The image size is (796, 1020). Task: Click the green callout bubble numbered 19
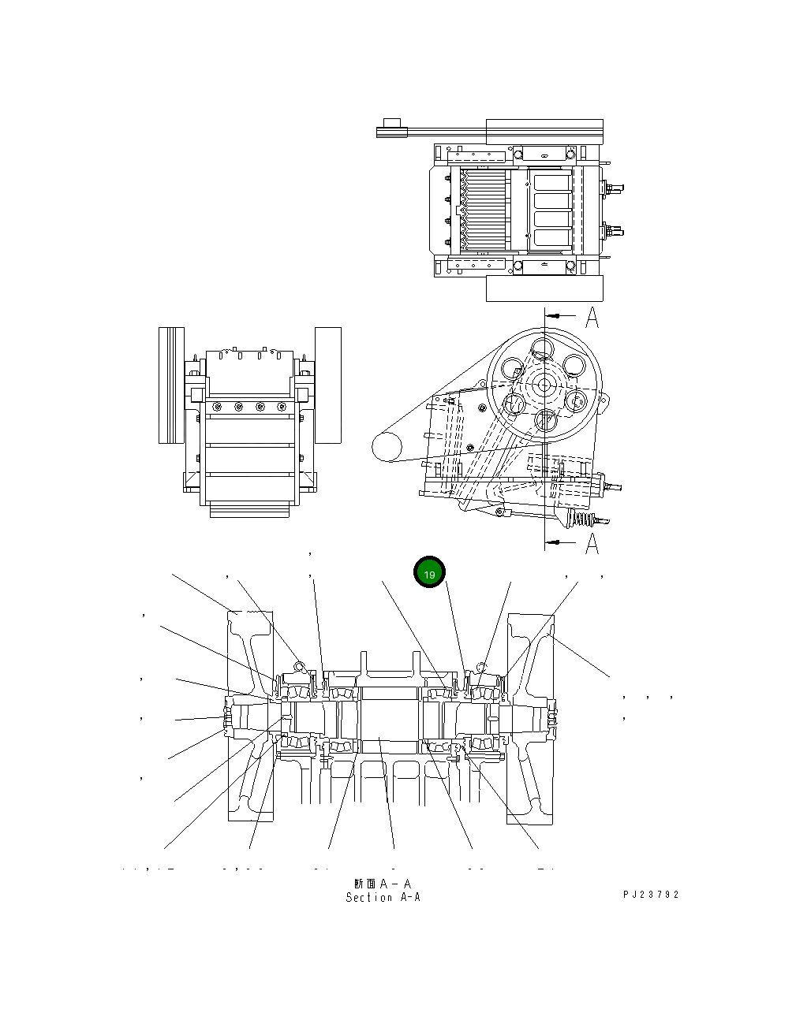429,574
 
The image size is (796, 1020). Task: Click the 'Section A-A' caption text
383,897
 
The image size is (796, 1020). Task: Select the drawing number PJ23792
651,895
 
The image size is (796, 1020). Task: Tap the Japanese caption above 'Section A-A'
383,884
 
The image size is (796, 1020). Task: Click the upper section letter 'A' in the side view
592,318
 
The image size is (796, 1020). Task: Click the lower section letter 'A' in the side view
592,543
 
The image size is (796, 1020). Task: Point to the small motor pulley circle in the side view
387,446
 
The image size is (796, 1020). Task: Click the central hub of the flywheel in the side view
544,384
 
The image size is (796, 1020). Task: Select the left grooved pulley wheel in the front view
171,385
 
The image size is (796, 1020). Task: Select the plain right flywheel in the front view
328,385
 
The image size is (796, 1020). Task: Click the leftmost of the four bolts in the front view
217,407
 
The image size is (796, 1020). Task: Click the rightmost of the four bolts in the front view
281,407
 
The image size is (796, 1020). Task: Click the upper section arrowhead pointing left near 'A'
555,315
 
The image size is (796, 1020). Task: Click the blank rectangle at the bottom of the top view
544,289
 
